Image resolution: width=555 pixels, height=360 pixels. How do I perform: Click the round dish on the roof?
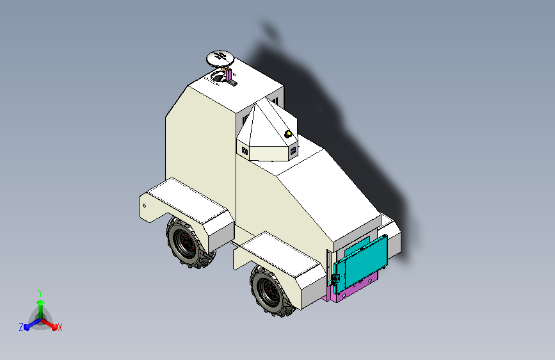pyautogui.click(x=220, y=58)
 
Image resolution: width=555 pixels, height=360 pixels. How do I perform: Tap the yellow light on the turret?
pyautogui.click(x=288, y=134)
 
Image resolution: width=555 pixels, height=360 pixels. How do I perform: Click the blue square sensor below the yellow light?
pyautogui.click(x=294, y=151)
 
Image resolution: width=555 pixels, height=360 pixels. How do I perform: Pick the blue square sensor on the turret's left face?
pyautogui.click(x=245, y=151)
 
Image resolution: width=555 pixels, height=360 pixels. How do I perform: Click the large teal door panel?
pyautogui.click(x=362, y=263)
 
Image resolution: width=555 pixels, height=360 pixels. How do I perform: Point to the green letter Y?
pyautogui.click(x=40, y=291)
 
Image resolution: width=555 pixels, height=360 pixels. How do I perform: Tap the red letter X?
pyautogui.click(x=60, y=328)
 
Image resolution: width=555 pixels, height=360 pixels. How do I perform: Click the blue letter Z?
pyautogui.click(x=21, y=327)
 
